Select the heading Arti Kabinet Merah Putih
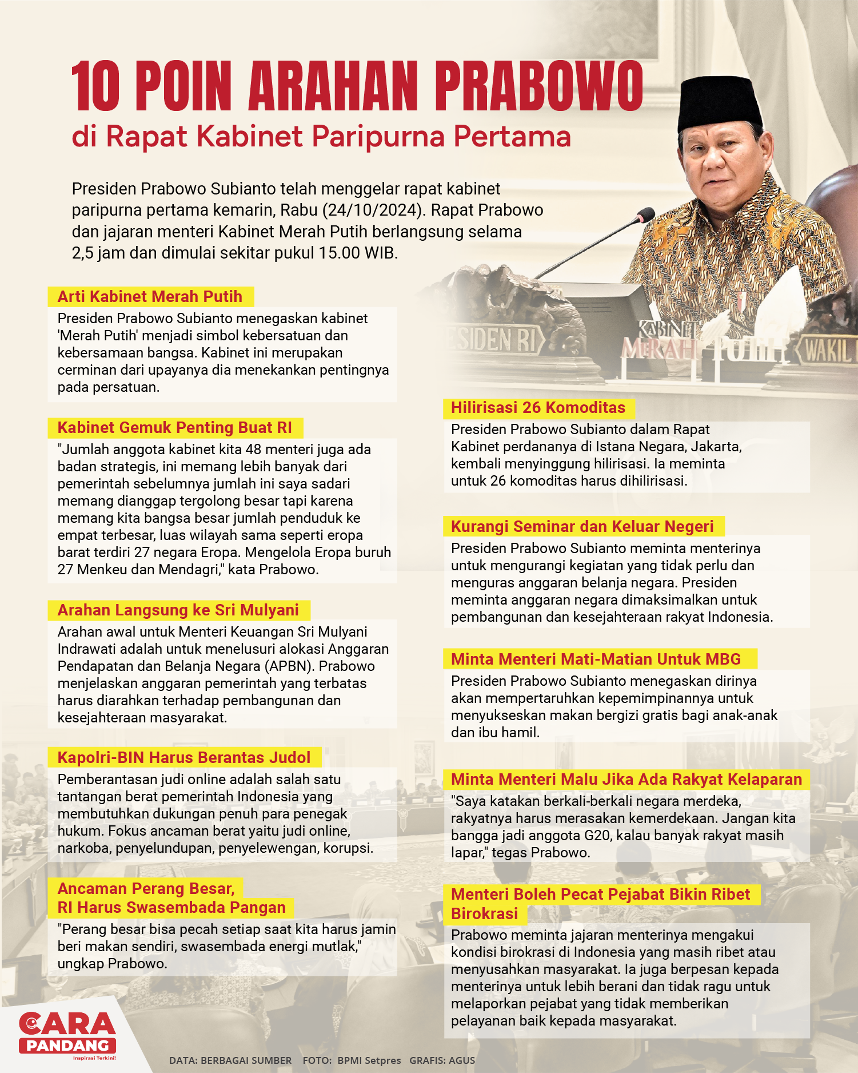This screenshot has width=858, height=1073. (150, 296)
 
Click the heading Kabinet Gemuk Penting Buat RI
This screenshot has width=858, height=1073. (174, 428)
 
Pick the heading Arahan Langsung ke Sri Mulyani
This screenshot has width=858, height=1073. (178, 610)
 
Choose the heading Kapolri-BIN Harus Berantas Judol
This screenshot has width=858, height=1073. (183, 757)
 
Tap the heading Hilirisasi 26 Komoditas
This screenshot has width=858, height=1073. (538, 407)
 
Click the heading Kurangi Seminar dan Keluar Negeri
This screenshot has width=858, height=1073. (582, 526)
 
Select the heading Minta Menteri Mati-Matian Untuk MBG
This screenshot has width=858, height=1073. (596, 659)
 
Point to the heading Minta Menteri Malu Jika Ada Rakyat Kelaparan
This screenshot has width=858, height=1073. (626, 779)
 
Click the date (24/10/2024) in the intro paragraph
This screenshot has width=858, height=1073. (374, 210)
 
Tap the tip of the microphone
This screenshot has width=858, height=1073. (646, 215)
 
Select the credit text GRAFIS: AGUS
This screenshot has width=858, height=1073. (442, 1060)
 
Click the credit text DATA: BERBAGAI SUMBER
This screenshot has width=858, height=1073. (230, 1060)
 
